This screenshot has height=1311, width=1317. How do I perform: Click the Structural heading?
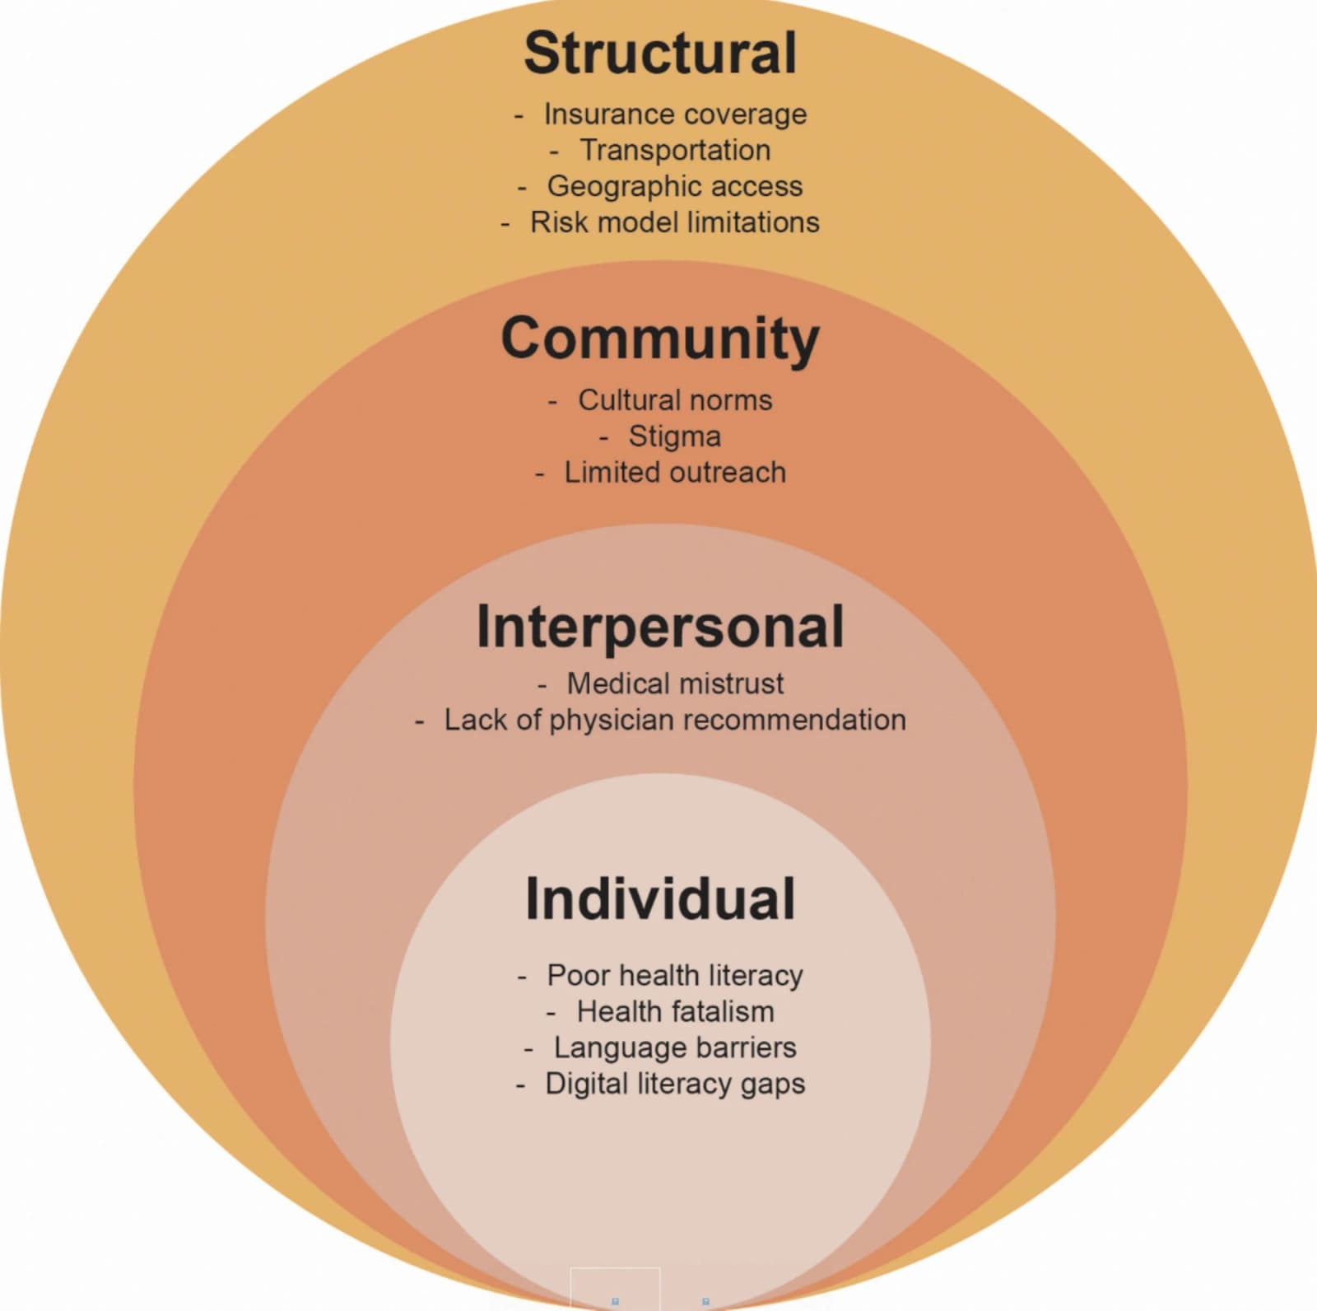click(660, 53)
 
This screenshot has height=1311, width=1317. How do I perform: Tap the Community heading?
click(660, 339)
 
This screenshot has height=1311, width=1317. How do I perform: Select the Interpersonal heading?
click(660, 627)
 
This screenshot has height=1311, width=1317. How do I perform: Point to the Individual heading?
click(660, 898)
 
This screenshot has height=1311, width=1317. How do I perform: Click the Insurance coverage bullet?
click(675, 114)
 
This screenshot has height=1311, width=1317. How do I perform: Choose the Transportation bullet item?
click(675, 150)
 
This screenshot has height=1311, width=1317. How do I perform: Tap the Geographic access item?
click(675, 187)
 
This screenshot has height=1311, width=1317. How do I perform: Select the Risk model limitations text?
click(675, 222)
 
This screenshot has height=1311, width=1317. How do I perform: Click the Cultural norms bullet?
click(675, 400)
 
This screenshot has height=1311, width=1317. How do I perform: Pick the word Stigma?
click(675, 437)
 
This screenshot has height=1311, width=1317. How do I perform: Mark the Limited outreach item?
click(675, 473)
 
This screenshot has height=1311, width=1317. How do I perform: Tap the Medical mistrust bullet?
click(675, 683)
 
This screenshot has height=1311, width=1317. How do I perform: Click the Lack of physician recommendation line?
click(675, 721)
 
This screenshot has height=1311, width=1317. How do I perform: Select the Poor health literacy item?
click(675, 976)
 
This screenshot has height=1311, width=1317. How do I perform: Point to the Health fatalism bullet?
click(675, 1011)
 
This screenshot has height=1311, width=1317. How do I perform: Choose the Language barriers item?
click(675, 1048)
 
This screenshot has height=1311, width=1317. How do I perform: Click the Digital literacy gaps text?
click(675, 1085)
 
